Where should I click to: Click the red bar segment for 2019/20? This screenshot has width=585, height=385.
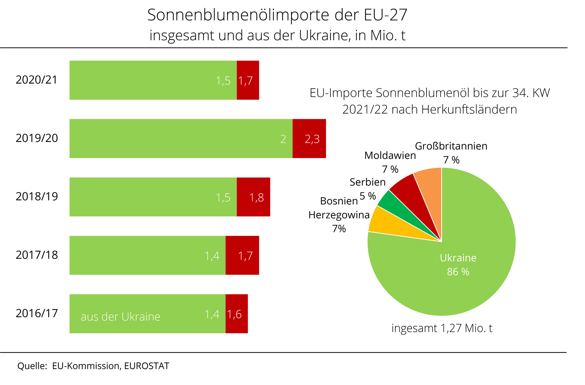309,139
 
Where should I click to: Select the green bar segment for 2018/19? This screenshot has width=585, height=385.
153,197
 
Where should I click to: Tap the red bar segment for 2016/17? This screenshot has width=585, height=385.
237,314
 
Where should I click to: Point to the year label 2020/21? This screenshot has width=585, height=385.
37,80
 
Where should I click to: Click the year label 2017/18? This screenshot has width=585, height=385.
37,255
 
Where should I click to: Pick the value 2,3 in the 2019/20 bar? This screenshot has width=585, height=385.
312,139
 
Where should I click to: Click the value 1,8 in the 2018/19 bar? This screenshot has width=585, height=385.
257,198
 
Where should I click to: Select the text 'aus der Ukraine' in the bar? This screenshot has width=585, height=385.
120,317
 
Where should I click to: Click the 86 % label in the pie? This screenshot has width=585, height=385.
458,272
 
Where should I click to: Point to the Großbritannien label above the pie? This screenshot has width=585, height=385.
451,146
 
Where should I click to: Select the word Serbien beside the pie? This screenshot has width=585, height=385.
368,182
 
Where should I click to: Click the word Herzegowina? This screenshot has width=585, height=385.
339,215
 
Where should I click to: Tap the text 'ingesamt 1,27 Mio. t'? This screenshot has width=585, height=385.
442,328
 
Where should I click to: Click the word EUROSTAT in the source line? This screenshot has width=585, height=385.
147,366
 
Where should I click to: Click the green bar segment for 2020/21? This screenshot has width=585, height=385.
153,80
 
